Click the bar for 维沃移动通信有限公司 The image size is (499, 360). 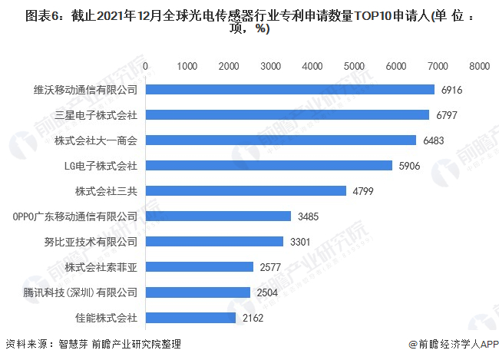pyautogui.click(x=290, y=90)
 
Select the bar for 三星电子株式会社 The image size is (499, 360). pyautogui.click(x=287, y=115)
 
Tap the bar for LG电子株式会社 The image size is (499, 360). pyautogui.click(x=269, y=166)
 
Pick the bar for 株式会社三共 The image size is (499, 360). pyautogui.click(x=246, y=191)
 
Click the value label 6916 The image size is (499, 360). pyautogui.click(x=453, y=90)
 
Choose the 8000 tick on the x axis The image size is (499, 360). pyautogui.click(x=479, y=67)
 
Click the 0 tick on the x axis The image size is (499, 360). pyautogui.click(x=146, y=67)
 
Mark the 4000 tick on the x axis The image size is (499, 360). pyautogui.click(x=312, y=67)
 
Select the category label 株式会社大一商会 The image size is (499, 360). pyautogui.click(x=96, y=140)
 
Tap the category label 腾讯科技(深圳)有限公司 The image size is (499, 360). pyautogui.click(x=80, y=292)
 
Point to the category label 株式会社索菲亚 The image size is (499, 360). pyautogui.click(x=101, y=267)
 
